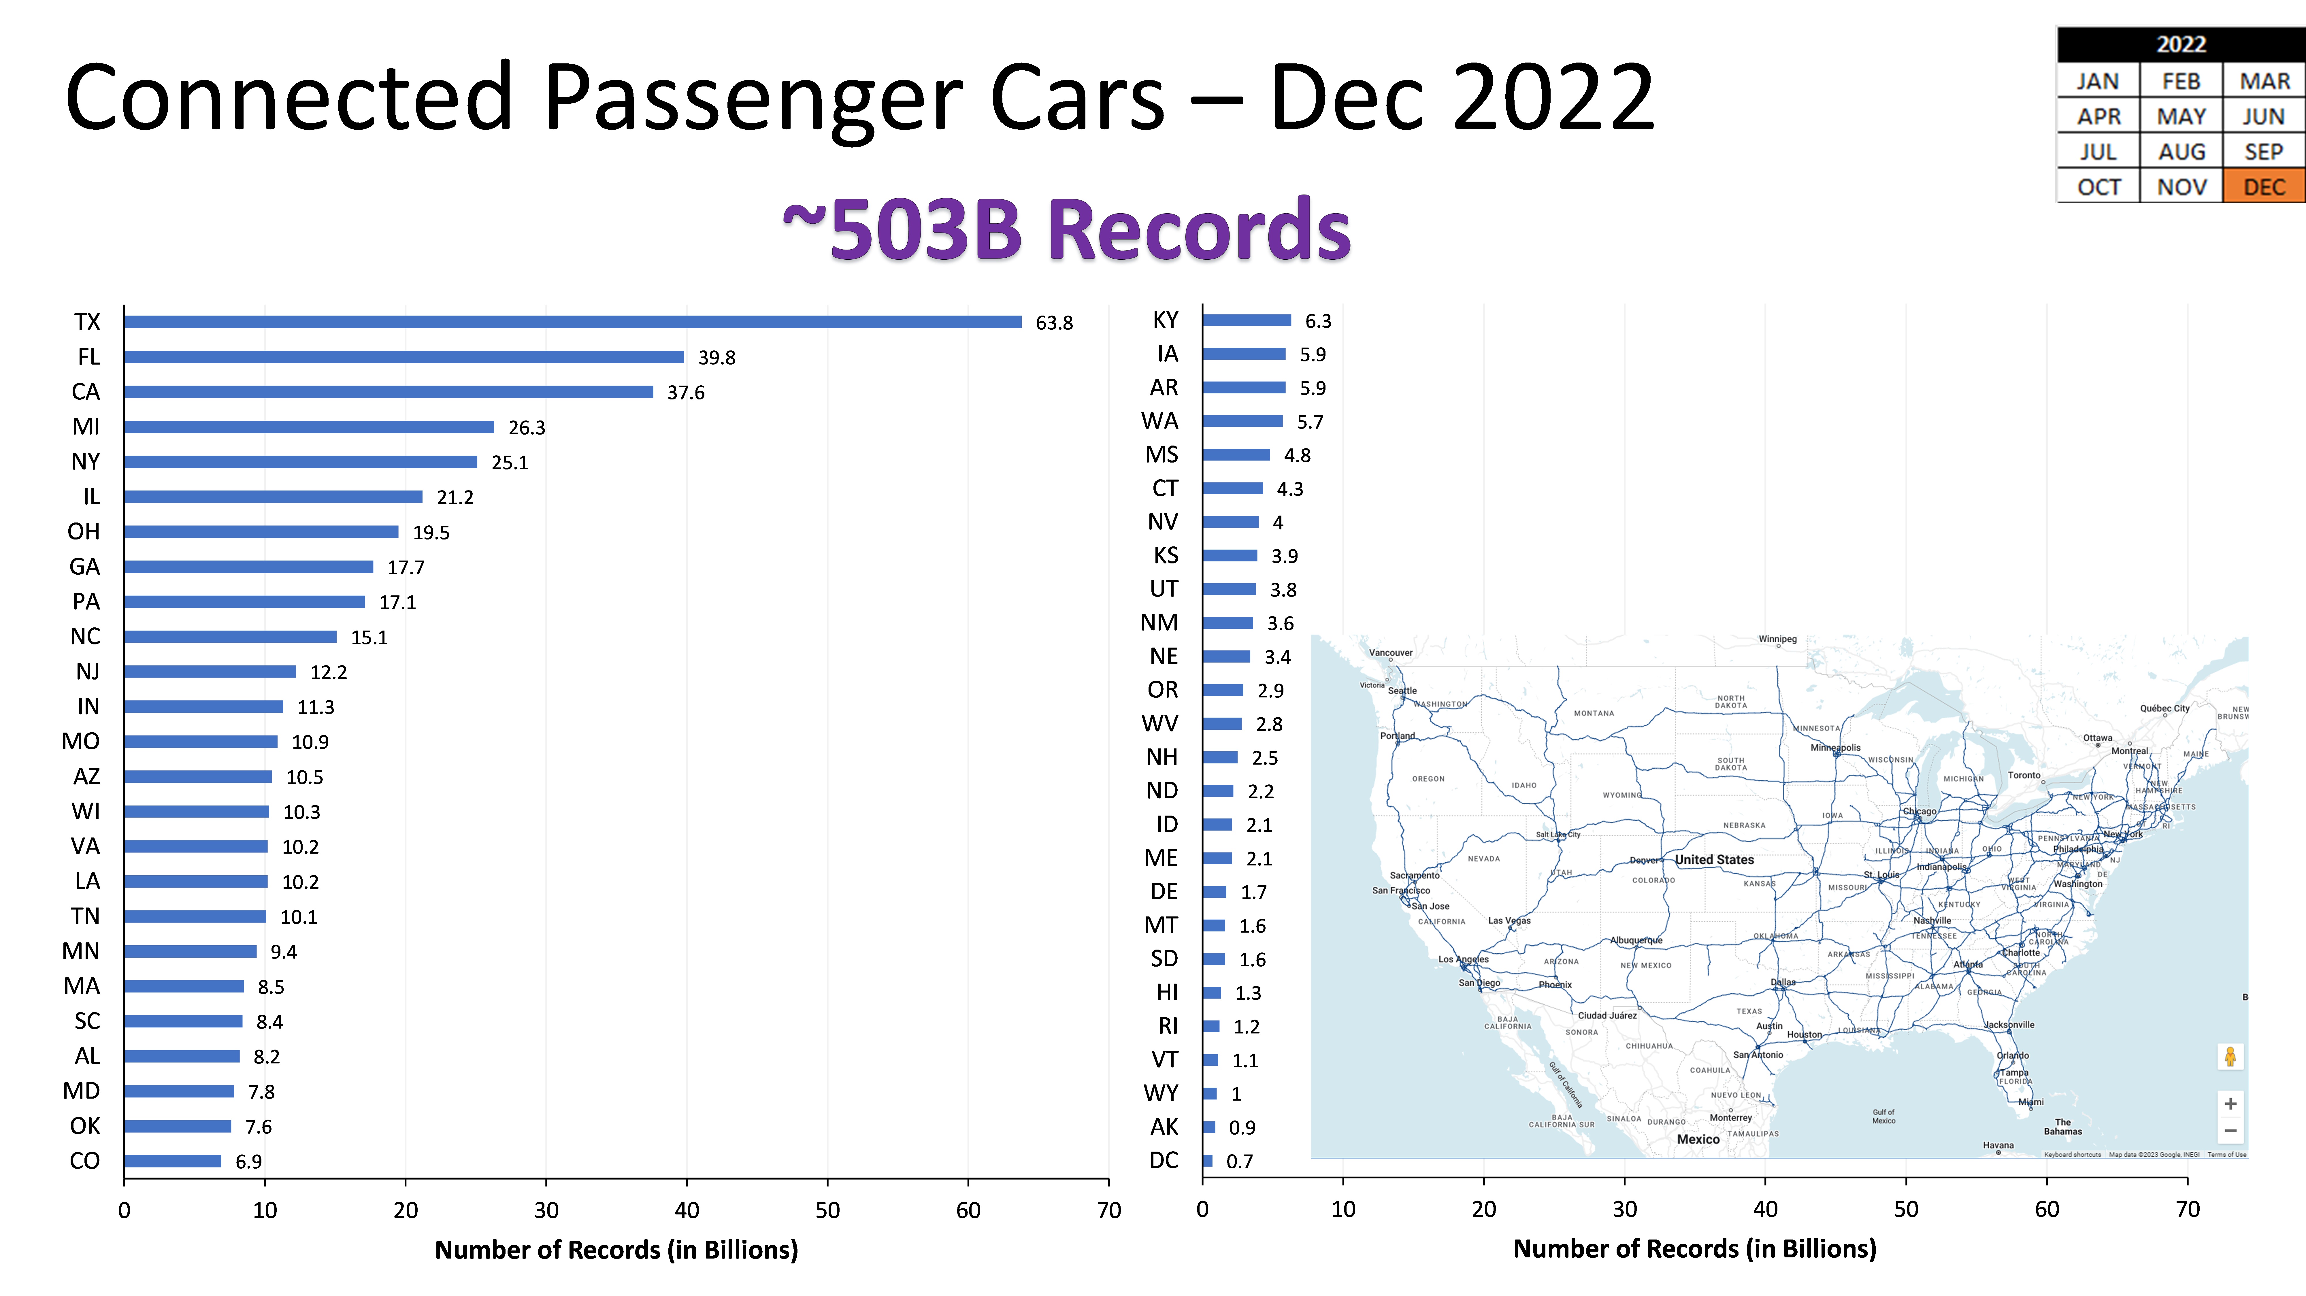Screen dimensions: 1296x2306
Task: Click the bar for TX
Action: pyautogui.click(x=573, y=322)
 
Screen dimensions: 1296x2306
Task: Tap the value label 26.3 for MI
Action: pyautogui.click(x=526, y=428)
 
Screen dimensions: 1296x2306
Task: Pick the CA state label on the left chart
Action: pyautogui.click(x=86, y=392)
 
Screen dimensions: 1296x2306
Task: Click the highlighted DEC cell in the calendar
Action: pyautogui.click(x=2264, y=187)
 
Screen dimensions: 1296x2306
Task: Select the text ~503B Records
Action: pyautogui.click(x=1065, y=230)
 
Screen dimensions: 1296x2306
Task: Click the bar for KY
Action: pyautogui.click(x=1246, y=320)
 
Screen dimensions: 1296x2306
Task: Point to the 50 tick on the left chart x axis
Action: pyautogui.click(x=827, y=1211)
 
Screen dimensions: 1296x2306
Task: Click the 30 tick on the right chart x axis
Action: pyautogui.click(x=1625, y=1210)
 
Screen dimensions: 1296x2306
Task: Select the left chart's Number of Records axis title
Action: pyautogui.click(x=616, y=1250)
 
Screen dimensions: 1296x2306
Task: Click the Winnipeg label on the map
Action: pyautogui.click(x=1777, y=639)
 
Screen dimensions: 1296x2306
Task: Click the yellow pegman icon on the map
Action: pyautogui.click(x=2230, y=1057)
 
